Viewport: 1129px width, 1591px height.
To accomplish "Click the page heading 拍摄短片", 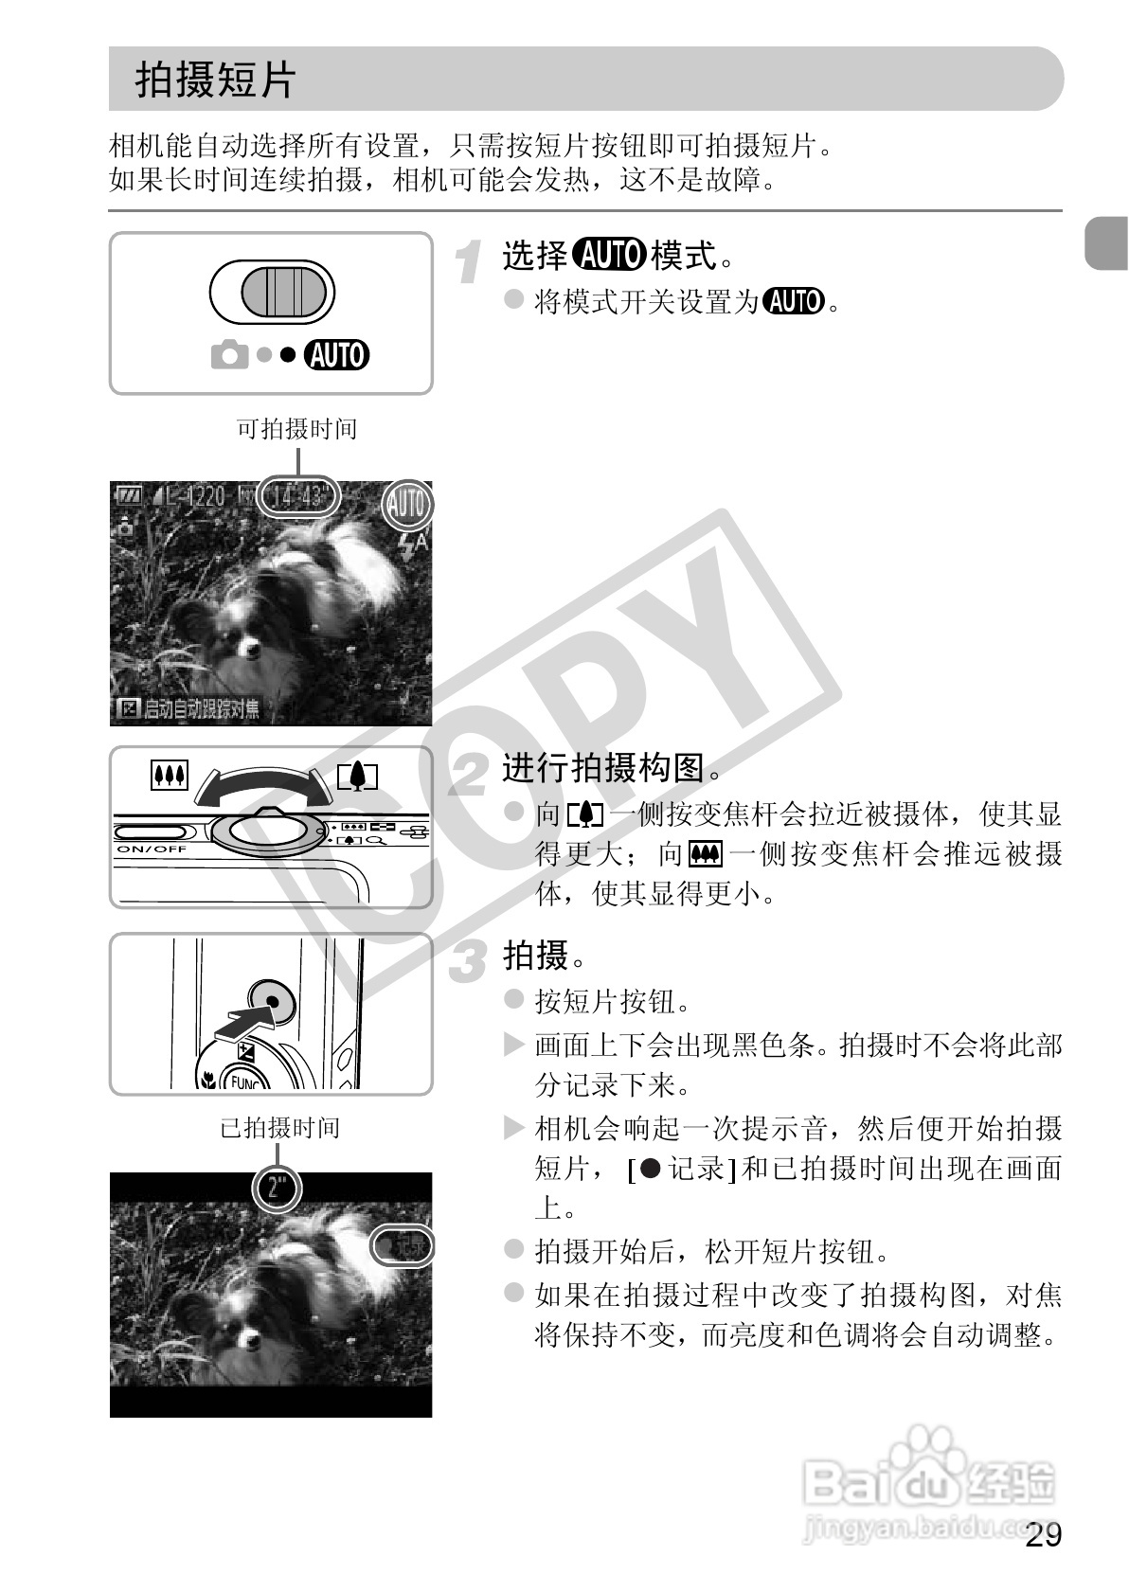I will click(216, 80).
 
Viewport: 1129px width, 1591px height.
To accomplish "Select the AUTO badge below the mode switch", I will click(336, 355).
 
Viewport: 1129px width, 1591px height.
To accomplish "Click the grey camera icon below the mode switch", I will click(228, 356).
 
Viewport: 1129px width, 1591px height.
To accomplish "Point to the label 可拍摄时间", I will click(296, 429).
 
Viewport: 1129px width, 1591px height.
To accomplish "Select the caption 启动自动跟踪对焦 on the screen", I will click(189, 708).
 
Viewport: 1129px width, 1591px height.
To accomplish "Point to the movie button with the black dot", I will click(272, 1001).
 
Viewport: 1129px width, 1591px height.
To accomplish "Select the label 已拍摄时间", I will click(279, 1128).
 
